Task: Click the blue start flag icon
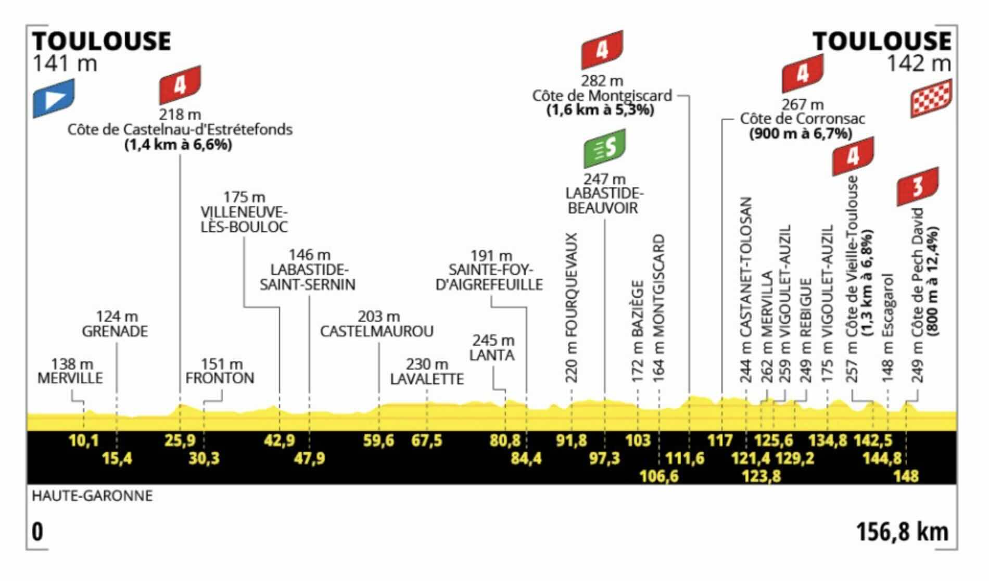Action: pyautogui.click(x=54, y=98)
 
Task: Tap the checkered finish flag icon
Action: pyautogui.click(x=931, y=98)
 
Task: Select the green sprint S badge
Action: pyautogui.click(x=604, y=149)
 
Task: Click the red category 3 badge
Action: pyautogui.click(x=918, y=186)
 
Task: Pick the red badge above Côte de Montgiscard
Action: pyautogui.click(x=602, y=50)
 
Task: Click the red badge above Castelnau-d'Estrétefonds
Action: pyautogui.click(x=180, y=85)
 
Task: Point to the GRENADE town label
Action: pyautogui.click(x=115, y=332)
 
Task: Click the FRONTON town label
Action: pyautogui.click(x=220, y=378)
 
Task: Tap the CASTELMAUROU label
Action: pyautogui.click(x=377, y=332)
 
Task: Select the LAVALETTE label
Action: pyautogui.click(x=427, y=379)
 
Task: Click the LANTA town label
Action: pyautogui.click(x=492, y=355)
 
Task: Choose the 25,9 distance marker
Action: pyautogui.click(x=180, y=441)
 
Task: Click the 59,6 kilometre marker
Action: pyautogui.click(x=378, y=441)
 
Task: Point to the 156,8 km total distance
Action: pyautogui.click(x=902, y=532)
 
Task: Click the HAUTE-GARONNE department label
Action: pyautogui.click(x=93, y=496)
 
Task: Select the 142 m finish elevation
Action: pyautogui.click(x=919, y=64)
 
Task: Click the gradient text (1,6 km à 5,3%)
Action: pyautogui.click(x=600, y=110)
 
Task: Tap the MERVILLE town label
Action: pyautogui.click(x=70, y=378)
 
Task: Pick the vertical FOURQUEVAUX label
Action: pyautogui.click(x=572, y=308)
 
